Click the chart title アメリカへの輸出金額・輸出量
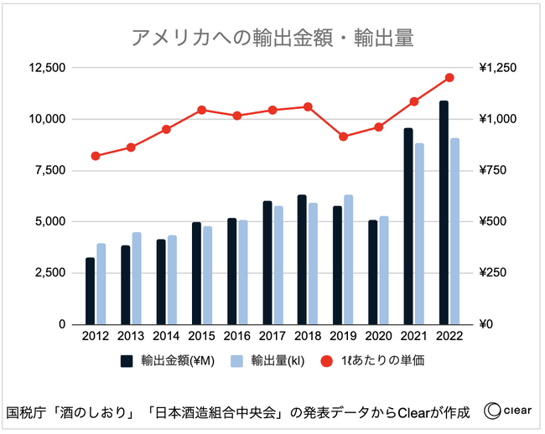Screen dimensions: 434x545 point(272,38)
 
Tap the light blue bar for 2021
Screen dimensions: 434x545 point(419,234)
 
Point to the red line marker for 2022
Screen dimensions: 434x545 point(449,78)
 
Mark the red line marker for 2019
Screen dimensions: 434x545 point(343,137)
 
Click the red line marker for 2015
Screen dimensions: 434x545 point(201,110)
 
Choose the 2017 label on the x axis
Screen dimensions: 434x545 point(272,337)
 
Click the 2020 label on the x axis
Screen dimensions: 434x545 point(378,337)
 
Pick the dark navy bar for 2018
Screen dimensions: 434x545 point(302,260)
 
